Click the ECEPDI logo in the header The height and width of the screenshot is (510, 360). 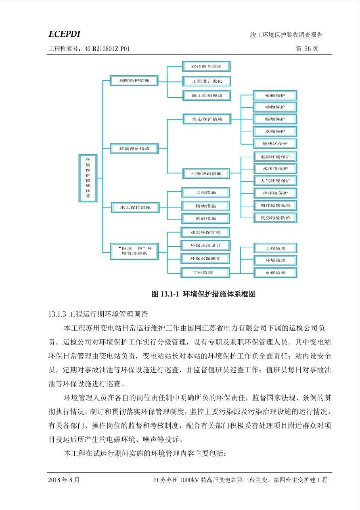(x=64, y=34)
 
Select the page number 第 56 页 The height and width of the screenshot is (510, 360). (x=307, y=49)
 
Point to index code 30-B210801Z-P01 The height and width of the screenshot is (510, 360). (x=107, y=49)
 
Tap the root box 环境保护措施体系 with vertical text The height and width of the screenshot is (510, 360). (x=88, y=178)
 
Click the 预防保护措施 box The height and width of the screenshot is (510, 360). (x=134, y=80)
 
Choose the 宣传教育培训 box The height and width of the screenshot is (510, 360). (x=206, y=66)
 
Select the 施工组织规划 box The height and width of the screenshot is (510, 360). (x=206, y=96)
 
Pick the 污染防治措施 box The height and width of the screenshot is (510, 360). (x=206, y=174)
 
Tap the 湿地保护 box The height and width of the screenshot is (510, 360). (x=274, y=119)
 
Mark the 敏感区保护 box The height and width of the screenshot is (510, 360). (x=274, y=144)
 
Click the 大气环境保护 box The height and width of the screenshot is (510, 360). (x=275, y=180)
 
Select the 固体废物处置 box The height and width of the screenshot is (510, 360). (x=275, y=205)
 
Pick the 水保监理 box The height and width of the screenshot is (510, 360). (x=275, y=273)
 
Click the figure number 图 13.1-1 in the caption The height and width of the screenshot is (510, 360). (x=165, y=294)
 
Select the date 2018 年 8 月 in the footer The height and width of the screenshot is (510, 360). (x=64, y=480)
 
